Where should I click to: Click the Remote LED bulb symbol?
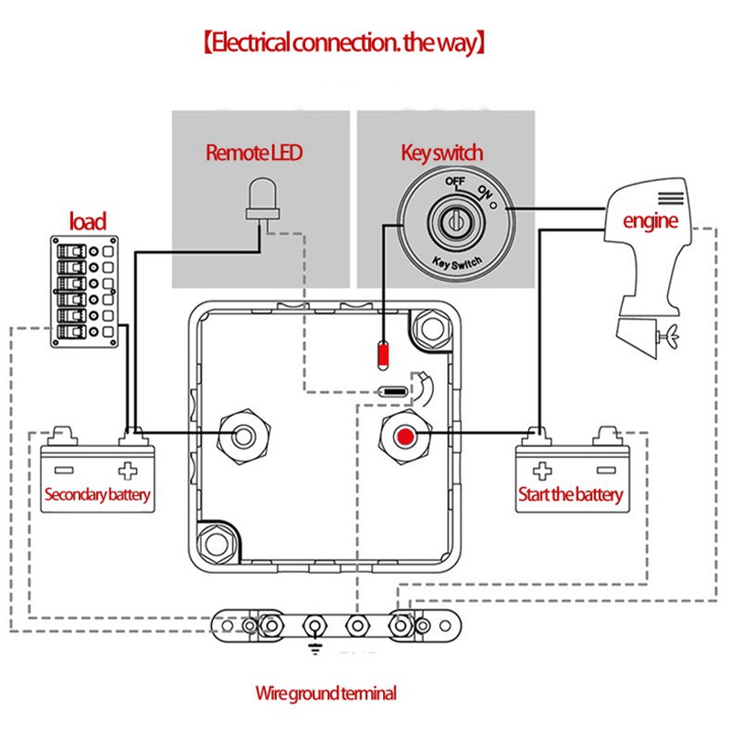coord(260,199)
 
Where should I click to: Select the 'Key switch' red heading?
coord(442,153)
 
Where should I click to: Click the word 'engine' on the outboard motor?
coord(650,221)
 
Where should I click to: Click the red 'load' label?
coord(88,220)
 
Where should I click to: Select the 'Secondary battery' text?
coord(97,496)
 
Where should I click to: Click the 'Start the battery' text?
coord(570,495)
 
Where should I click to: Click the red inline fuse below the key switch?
coord(384,352)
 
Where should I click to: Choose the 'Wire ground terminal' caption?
coord(325,694)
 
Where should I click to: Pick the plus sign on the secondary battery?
coord(127,471)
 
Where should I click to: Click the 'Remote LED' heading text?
coord(254,153)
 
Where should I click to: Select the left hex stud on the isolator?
coord(245,434)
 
